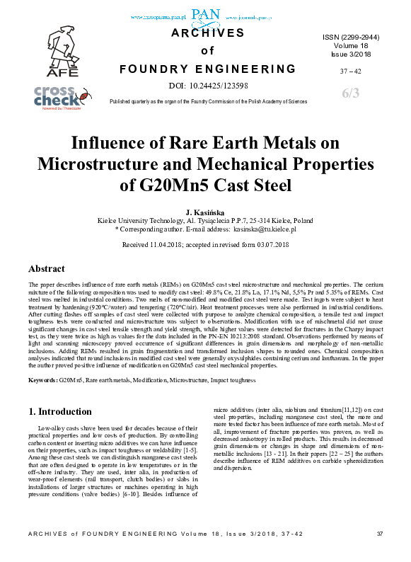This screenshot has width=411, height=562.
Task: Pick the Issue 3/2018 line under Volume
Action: [351, 52]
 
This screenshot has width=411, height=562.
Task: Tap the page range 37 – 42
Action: [351, 71]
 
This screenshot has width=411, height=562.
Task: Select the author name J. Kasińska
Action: [205, 212]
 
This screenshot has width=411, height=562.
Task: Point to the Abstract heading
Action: [47, 269]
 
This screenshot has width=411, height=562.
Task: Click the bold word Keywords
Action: [42, 381]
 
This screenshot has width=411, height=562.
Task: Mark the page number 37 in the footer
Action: [379, 553]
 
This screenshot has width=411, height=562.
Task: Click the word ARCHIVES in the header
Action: [207, 33]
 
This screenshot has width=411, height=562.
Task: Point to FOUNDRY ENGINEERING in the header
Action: [207, 69]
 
